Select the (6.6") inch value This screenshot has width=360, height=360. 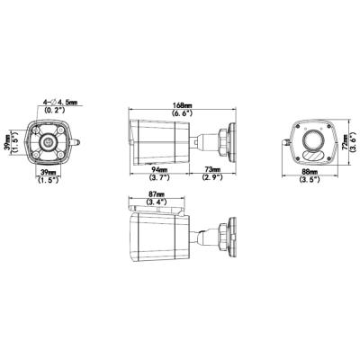[x=184, y=114]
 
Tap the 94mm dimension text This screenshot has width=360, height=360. [x=160, y=169]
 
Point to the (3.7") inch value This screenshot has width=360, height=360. [x=160, y=178]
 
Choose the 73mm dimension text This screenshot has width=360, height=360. [x=212, y=169]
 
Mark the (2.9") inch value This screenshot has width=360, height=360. [x=212, y=178]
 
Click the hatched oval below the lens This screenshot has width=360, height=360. [x=313, y=150]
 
